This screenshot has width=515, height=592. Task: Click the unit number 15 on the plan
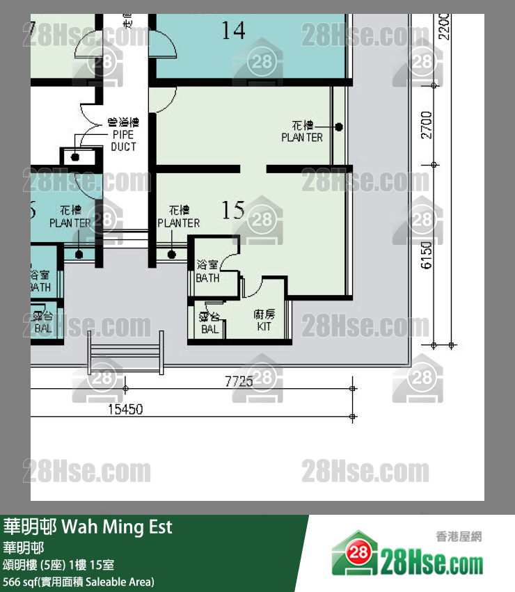coord(233,209)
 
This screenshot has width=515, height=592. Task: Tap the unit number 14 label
coord(233,30)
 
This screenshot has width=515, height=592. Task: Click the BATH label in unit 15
coord(207,271)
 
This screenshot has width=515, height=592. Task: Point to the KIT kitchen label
coord(264,320)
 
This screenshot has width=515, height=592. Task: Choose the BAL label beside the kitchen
coord(209,323)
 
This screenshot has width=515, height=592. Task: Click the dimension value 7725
coord(238,381)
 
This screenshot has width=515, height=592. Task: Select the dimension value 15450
coord(125,410)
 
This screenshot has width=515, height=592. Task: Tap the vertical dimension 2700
coord(427,125)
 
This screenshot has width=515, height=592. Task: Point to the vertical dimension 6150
coord(427,255)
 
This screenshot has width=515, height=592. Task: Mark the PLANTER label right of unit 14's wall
coord(302,131)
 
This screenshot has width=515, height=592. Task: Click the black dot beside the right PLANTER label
coord(339,127)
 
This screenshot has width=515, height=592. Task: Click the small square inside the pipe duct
coord(74,157)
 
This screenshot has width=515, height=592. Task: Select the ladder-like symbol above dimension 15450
coord(126,353)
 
